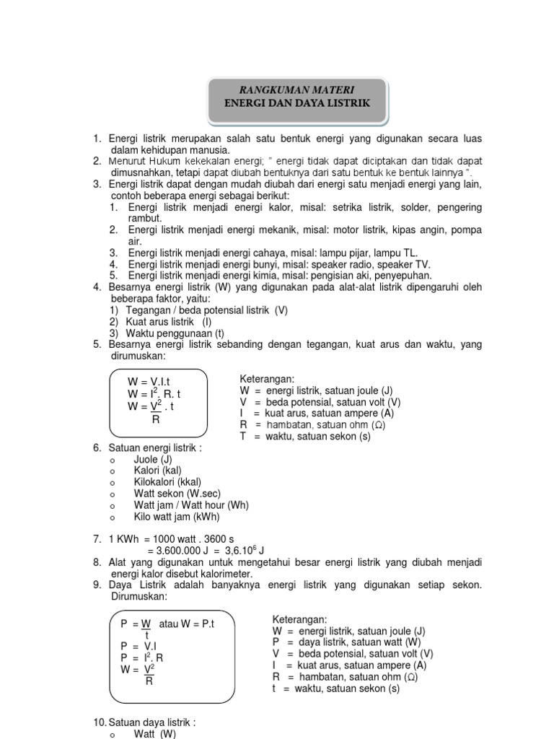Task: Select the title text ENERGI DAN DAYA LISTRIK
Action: point(298,104)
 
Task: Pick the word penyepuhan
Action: point(404,275)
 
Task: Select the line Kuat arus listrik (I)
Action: point(169,322)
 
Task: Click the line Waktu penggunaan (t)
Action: point(176,333)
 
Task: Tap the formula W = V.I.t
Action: point(149,381)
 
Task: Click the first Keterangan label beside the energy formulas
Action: point(267,379)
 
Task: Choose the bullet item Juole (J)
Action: point(153,459)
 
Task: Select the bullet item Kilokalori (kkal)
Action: point(167,482)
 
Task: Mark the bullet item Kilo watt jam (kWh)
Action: point(177,517)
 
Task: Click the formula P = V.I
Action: point(138,646)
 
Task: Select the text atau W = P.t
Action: point(188,623)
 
